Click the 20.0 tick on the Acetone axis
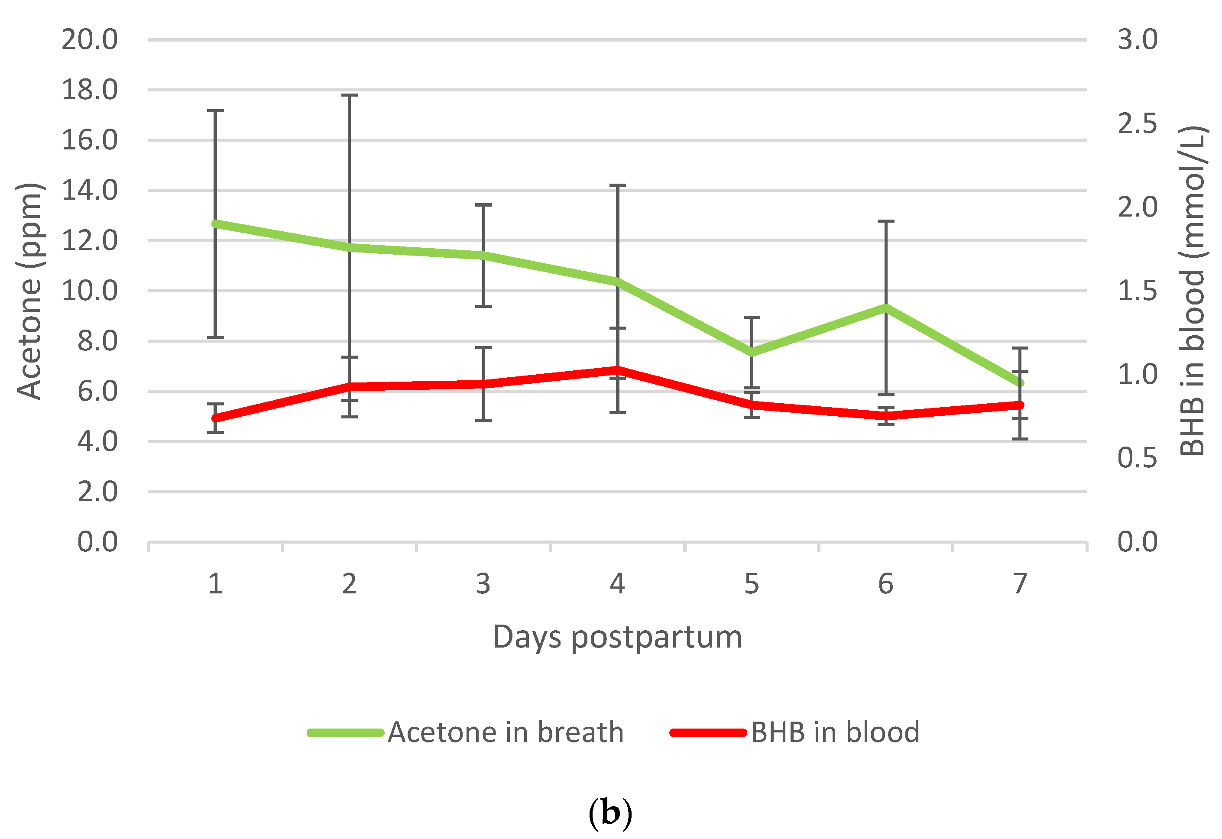click(x=89, y=39)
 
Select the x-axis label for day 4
click(x=617, y=584)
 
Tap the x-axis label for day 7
click(x=1020, y=584)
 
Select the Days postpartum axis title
click(x=617, y=638)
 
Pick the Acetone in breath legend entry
click(x=465, y=732)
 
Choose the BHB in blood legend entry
click(x=794, y=732)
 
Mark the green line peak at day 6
click(x=885, y=308)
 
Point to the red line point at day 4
click(x=617, y=370)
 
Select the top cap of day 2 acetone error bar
click(x=349, y=95)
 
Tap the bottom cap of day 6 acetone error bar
click(x=885, y=395)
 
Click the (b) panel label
click(x=610, y=813)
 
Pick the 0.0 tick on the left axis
click(x=97, y=542)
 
